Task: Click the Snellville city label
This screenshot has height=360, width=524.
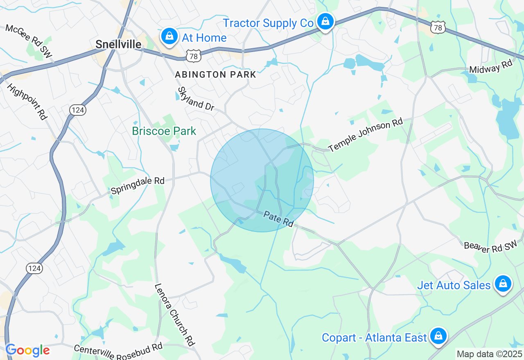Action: point(118,44)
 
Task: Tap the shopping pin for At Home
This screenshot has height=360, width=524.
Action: point(169,36)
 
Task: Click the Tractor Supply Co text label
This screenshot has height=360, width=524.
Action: point(268,23)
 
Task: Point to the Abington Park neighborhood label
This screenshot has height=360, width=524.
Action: point(215,74)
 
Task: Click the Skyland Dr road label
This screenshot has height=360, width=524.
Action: point(196,99)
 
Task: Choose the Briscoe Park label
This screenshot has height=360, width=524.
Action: point(164,131)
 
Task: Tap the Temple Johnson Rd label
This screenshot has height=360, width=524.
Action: point(366,135)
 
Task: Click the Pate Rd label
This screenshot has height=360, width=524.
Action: point(278,219)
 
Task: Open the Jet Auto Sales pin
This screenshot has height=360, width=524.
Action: point(503,283)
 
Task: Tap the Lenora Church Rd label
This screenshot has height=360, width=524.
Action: point(174,315)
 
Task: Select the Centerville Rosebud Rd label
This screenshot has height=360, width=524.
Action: point(118,351)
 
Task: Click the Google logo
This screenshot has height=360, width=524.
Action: point(27,350)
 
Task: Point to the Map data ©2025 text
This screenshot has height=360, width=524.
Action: point(489,354)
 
